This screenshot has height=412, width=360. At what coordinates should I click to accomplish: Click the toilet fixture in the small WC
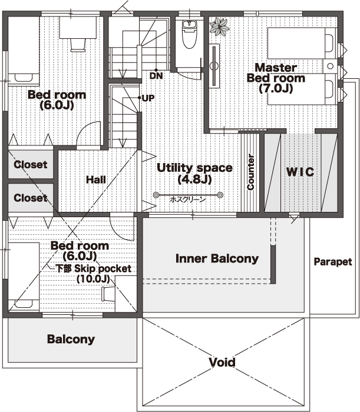[x=189, y=34]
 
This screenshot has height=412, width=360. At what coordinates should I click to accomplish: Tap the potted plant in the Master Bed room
[x=219, y=26]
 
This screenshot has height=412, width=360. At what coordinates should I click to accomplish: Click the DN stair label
[x=156, y=76]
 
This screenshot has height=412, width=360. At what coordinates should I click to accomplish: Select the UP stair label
[x=148, y=98]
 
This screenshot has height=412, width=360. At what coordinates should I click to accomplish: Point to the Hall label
[x=96, y=180]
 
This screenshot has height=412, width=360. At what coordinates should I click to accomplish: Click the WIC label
[x=300, y=172]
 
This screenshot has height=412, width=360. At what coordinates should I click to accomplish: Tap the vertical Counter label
[x=250, y=172]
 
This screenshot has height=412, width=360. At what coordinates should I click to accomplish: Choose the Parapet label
[x=333, y=262]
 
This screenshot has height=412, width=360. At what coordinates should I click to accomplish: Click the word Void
[x=222, y=363]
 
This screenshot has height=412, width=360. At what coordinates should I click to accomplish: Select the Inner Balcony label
[x=217, y=258]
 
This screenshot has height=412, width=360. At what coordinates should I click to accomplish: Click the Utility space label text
[x=194, y=168]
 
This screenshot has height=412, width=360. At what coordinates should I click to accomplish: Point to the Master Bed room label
[x=276, y=78]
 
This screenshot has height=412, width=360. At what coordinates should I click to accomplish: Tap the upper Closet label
[x=31, y=165]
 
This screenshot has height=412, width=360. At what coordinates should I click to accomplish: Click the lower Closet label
[x=31, y=198]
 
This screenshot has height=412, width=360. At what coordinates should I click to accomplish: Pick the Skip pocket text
[x=103, y=268]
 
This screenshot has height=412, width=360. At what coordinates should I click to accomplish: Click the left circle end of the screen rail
[x=156, y=195]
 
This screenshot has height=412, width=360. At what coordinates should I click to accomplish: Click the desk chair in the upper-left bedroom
[x=78, y=45]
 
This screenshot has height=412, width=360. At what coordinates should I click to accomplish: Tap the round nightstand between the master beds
[x=330, y=66]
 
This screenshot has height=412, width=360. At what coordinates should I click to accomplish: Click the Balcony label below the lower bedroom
[x=71, y=339]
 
